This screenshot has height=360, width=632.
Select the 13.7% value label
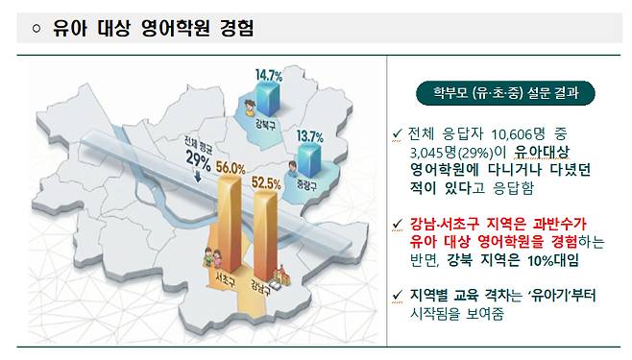point(312,135)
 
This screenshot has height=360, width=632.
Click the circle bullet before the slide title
point(36,30)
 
